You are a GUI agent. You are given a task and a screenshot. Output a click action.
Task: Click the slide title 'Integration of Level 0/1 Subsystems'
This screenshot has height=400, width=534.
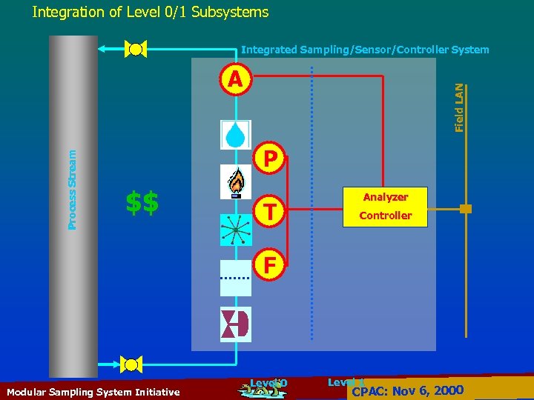(151, 12)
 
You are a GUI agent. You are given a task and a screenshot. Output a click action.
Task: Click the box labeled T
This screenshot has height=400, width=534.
(271, 213)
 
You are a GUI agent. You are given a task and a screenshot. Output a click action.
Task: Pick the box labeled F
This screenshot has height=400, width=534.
(271, 264)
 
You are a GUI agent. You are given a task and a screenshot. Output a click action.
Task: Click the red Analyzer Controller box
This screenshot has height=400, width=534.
(386, 206)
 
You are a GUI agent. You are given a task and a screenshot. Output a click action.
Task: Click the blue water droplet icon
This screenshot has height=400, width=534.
(236, 135)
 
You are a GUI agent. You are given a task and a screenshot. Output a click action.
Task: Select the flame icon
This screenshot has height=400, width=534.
(236, 181)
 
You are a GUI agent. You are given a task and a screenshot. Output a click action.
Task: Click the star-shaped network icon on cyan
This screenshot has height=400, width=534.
(236, 230)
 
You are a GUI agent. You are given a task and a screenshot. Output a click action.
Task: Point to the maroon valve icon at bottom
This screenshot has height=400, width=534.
(236, 324)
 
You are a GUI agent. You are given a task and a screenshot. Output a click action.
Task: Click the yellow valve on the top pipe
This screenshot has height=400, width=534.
(136, 50)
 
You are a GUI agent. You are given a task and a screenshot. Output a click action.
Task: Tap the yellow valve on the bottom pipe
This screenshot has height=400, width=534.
(132, 364)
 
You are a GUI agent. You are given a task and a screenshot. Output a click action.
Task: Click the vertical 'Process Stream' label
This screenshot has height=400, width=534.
(72, 189)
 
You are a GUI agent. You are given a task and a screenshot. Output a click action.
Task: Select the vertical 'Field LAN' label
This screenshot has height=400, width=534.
(460, 107)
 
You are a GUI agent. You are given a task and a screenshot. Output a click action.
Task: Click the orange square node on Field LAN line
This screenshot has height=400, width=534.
(465, 209)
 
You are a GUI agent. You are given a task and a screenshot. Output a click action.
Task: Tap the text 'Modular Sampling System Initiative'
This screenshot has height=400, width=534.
(92, 392)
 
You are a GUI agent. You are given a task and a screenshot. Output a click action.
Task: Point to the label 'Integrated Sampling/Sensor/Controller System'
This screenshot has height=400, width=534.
(365, 50)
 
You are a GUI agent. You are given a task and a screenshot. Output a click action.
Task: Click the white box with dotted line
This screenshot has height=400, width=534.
(236, 276)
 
